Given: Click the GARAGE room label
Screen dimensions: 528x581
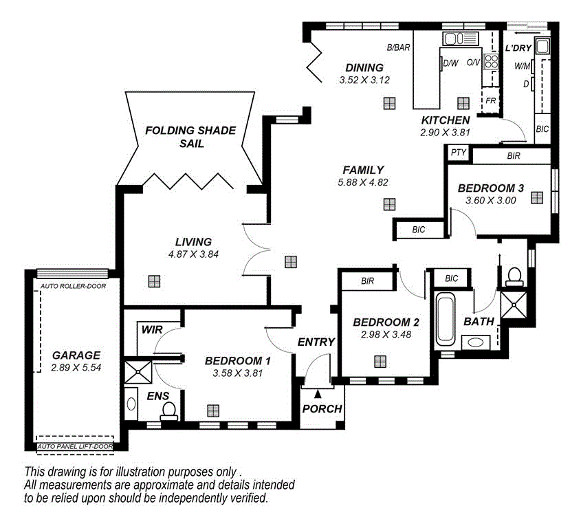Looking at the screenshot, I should [76, 355].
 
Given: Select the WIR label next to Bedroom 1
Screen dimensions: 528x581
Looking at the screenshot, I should [152, 330].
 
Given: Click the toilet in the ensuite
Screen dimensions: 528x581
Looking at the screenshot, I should [168, 410].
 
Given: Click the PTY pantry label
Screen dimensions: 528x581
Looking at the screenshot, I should [458, 153].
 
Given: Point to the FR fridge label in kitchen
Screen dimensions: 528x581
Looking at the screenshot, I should [490, 100].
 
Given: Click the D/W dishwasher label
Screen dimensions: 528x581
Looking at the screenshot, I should [451, 63].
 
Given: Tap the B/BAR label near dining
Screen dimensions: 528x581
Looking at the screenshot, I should [398, 48].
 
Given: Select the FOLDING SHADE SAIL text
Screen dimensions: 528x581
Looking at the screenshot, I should [189, 137].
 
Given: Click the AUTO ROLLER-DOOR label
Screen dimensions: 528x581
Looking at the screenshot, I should [73, 286].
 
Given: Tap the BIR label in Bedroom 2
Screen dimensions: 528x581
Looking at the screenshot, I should [367, 281].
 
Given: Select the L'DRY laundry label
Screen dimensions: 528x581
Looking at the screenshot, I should [518, 49].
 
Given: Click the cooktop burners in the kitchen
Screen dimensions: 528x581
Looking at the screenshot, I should [491, 62].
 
